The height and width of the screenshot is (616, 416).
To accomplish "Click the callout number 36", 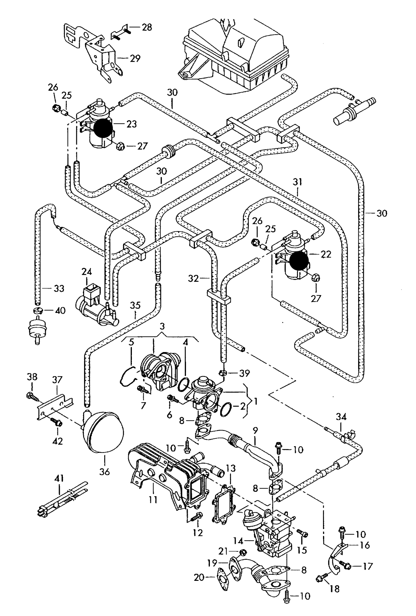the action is coord(105,472).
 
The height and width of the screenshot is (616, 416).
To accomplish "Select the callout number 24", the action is coord(86,272).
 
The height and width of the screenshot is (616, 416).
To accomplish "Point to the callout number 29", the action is coord(135,58).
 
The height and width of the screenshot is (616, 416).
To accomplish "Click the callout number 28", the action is coord(147,28).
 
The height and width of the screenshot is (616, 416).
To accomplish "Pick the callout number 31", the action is coord(297,182).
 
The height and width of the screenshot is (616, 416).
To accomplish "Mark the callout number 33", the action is coord(59,288).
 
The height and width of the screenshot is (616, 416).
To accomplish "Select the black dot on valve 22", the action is coord(299,260).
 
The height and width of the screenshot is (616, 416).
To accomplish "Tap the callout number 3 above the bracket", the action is coord(162,326).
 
